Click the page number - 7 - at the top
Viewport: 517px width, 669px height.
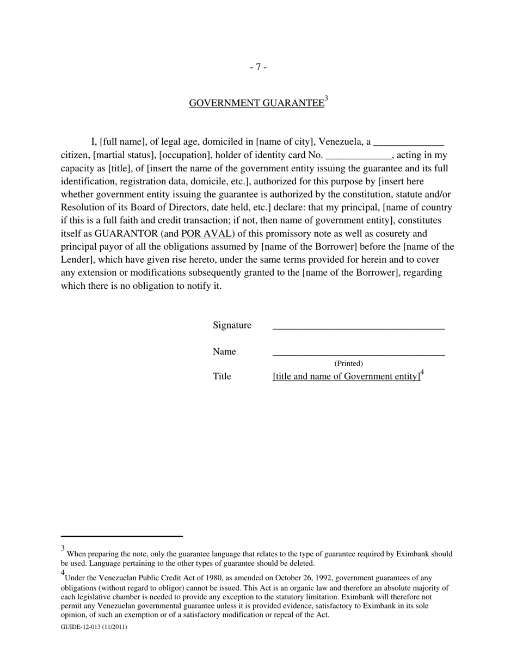click(x=258, y=67)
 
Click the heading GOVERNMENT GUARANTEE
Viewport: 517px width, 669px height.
click(x=256, y=103)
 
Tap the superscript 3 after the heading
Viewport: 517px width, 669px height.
click(x=327, y=99)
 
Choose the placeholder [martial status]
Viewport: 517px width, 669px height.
click(x=125, y=155)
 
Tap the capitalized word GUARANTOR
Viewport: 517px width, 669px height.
click(x=126, y=233)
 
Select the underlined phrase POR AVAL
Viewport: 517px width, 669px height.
click(x=206, y=233)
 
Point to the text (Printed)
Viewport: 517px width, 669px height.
click(x=348, y=363)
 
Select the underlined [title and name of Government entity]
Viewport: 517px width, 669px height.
click(x=347, y=376)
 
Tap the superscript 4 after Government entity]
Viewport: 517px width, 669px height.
click(x=422, y=373)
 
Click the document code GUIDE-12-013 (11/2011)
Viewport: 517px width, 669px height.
click(x=94, y=627)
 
